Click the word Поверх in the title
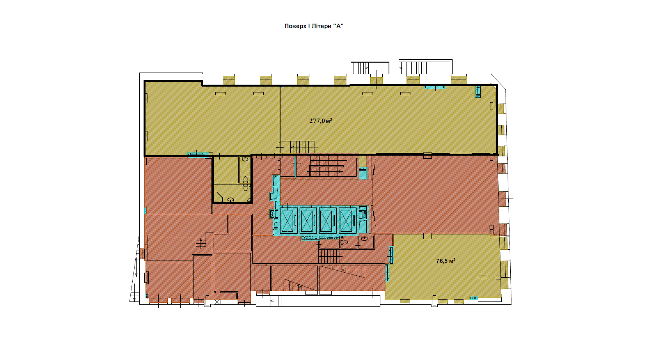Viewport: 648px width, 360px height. click(x=295, y=26)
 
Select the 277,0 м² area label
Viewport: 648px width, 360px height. click(x=321, y=121)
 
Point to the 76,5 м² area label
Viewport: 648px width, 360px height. click(x=446, y=261)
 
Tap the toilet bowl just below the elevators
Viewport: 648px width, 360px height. click(x=344, y=242)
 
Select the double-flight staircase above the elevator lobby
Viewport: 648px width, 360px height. click(x=327, y=166)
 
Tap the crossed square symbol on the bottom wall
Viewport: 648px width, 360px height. click(x=217, y=302)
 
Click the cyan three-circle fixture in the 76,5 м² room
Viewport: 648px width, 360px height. click(x=474, y=298)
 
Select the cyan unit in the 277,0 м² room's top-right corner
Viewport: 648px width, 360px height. click(x=478, y=92)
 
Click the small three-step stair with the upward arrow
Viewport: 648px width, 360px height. click(x=201, y=242)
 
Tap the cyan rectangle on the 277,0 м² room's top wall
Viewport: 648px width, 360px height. click(x=434, y=87)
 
